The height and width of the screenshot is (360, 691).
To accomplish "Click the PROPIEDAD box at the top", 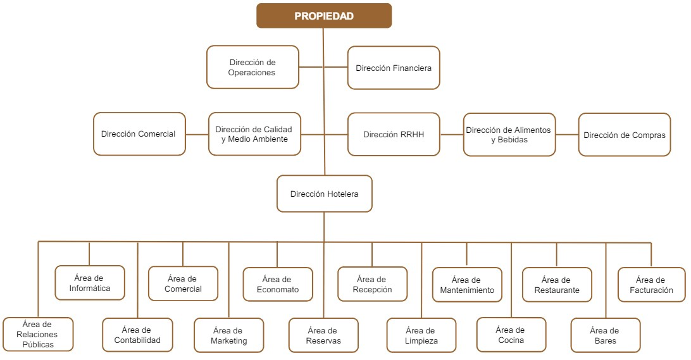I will [324, 16].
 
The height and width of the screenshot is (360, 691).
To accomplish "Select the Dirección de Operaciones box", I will [252, 67].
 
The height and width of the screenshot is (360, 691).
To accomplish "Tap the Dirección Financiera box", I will [394, 68].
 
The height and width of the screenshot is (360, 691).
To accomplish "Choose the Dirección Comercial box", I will [139, 134].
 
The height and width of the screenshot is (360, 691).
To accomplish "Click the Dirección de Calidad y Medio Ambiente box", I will [254, 134].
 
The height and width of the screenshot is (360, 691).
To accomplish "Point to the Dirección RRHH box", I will [394, 134].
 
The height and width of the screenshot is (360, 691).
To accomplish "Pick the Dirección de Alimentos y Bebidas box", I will [509, 134].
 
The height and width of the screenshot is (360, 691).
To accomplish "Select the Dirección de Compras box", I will [625, 134].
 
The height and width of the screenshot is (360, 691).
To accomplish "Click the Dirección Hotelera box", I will [325, 194].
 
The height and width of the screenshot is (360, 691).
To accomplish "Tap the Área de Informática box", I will [90, 283].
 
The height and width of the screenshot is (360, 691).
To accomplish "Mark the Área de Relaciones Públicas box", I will [38, 334].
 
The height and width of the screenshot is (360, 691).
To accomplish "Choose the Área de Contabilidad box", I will [137, 335].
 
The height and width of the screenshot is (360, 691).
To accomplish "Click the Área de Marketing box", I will [228, 335].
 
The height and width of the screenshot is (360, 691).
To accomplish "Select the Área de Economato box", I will [278, 284].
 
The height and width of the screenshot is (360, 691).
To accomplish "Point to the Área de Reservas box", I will [323, 335].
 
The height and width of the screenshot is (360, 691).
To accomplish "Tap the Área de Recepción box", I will [372, 284].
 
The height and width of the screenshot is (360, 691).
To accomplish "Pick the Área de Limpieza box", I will [421, 335].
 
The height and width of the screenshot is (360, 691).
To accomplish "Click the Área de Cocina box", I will [510, 335].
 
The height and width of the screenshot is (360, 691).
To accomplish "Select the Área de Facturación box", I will [652, 285].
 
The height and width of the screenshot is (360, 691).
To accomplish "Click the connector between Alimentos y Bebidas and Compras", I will [567, 134].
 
